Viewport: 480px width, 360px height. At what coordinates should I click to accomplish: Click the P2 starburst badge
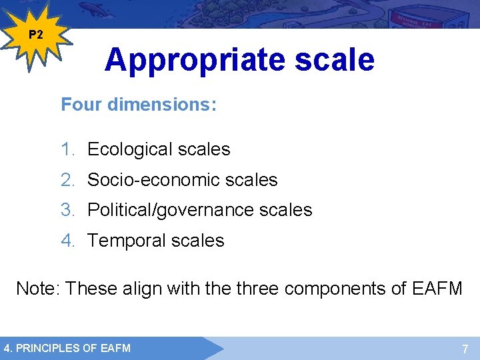tap(37, 35)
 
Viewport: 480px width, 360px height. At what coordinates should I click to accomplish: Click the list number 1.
tap(67, 149)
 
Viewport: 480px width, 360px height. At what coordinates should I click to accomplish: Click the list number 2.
tap(67, 180)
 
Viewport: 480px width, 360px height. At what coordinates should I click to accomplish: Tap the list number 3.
tap(67, 210)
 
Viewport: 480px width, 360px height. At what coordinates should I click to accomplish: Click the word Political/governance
tap(171, 210)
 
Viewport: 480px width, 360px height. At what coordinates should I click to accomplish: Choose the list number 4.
tap(67, 241)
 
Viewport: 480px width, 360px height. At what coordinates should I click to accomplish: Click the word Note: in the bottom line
tap(38, 289)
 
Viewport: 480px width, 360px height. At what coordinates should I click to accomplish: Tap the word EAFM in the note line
tap(437, 289)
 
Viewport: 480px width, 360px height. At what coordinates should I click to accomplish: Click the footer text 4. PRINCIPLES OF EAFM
tap(67, 348)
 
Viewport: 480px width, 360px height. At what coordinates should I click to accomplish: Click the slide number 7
tap(465, 349)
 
